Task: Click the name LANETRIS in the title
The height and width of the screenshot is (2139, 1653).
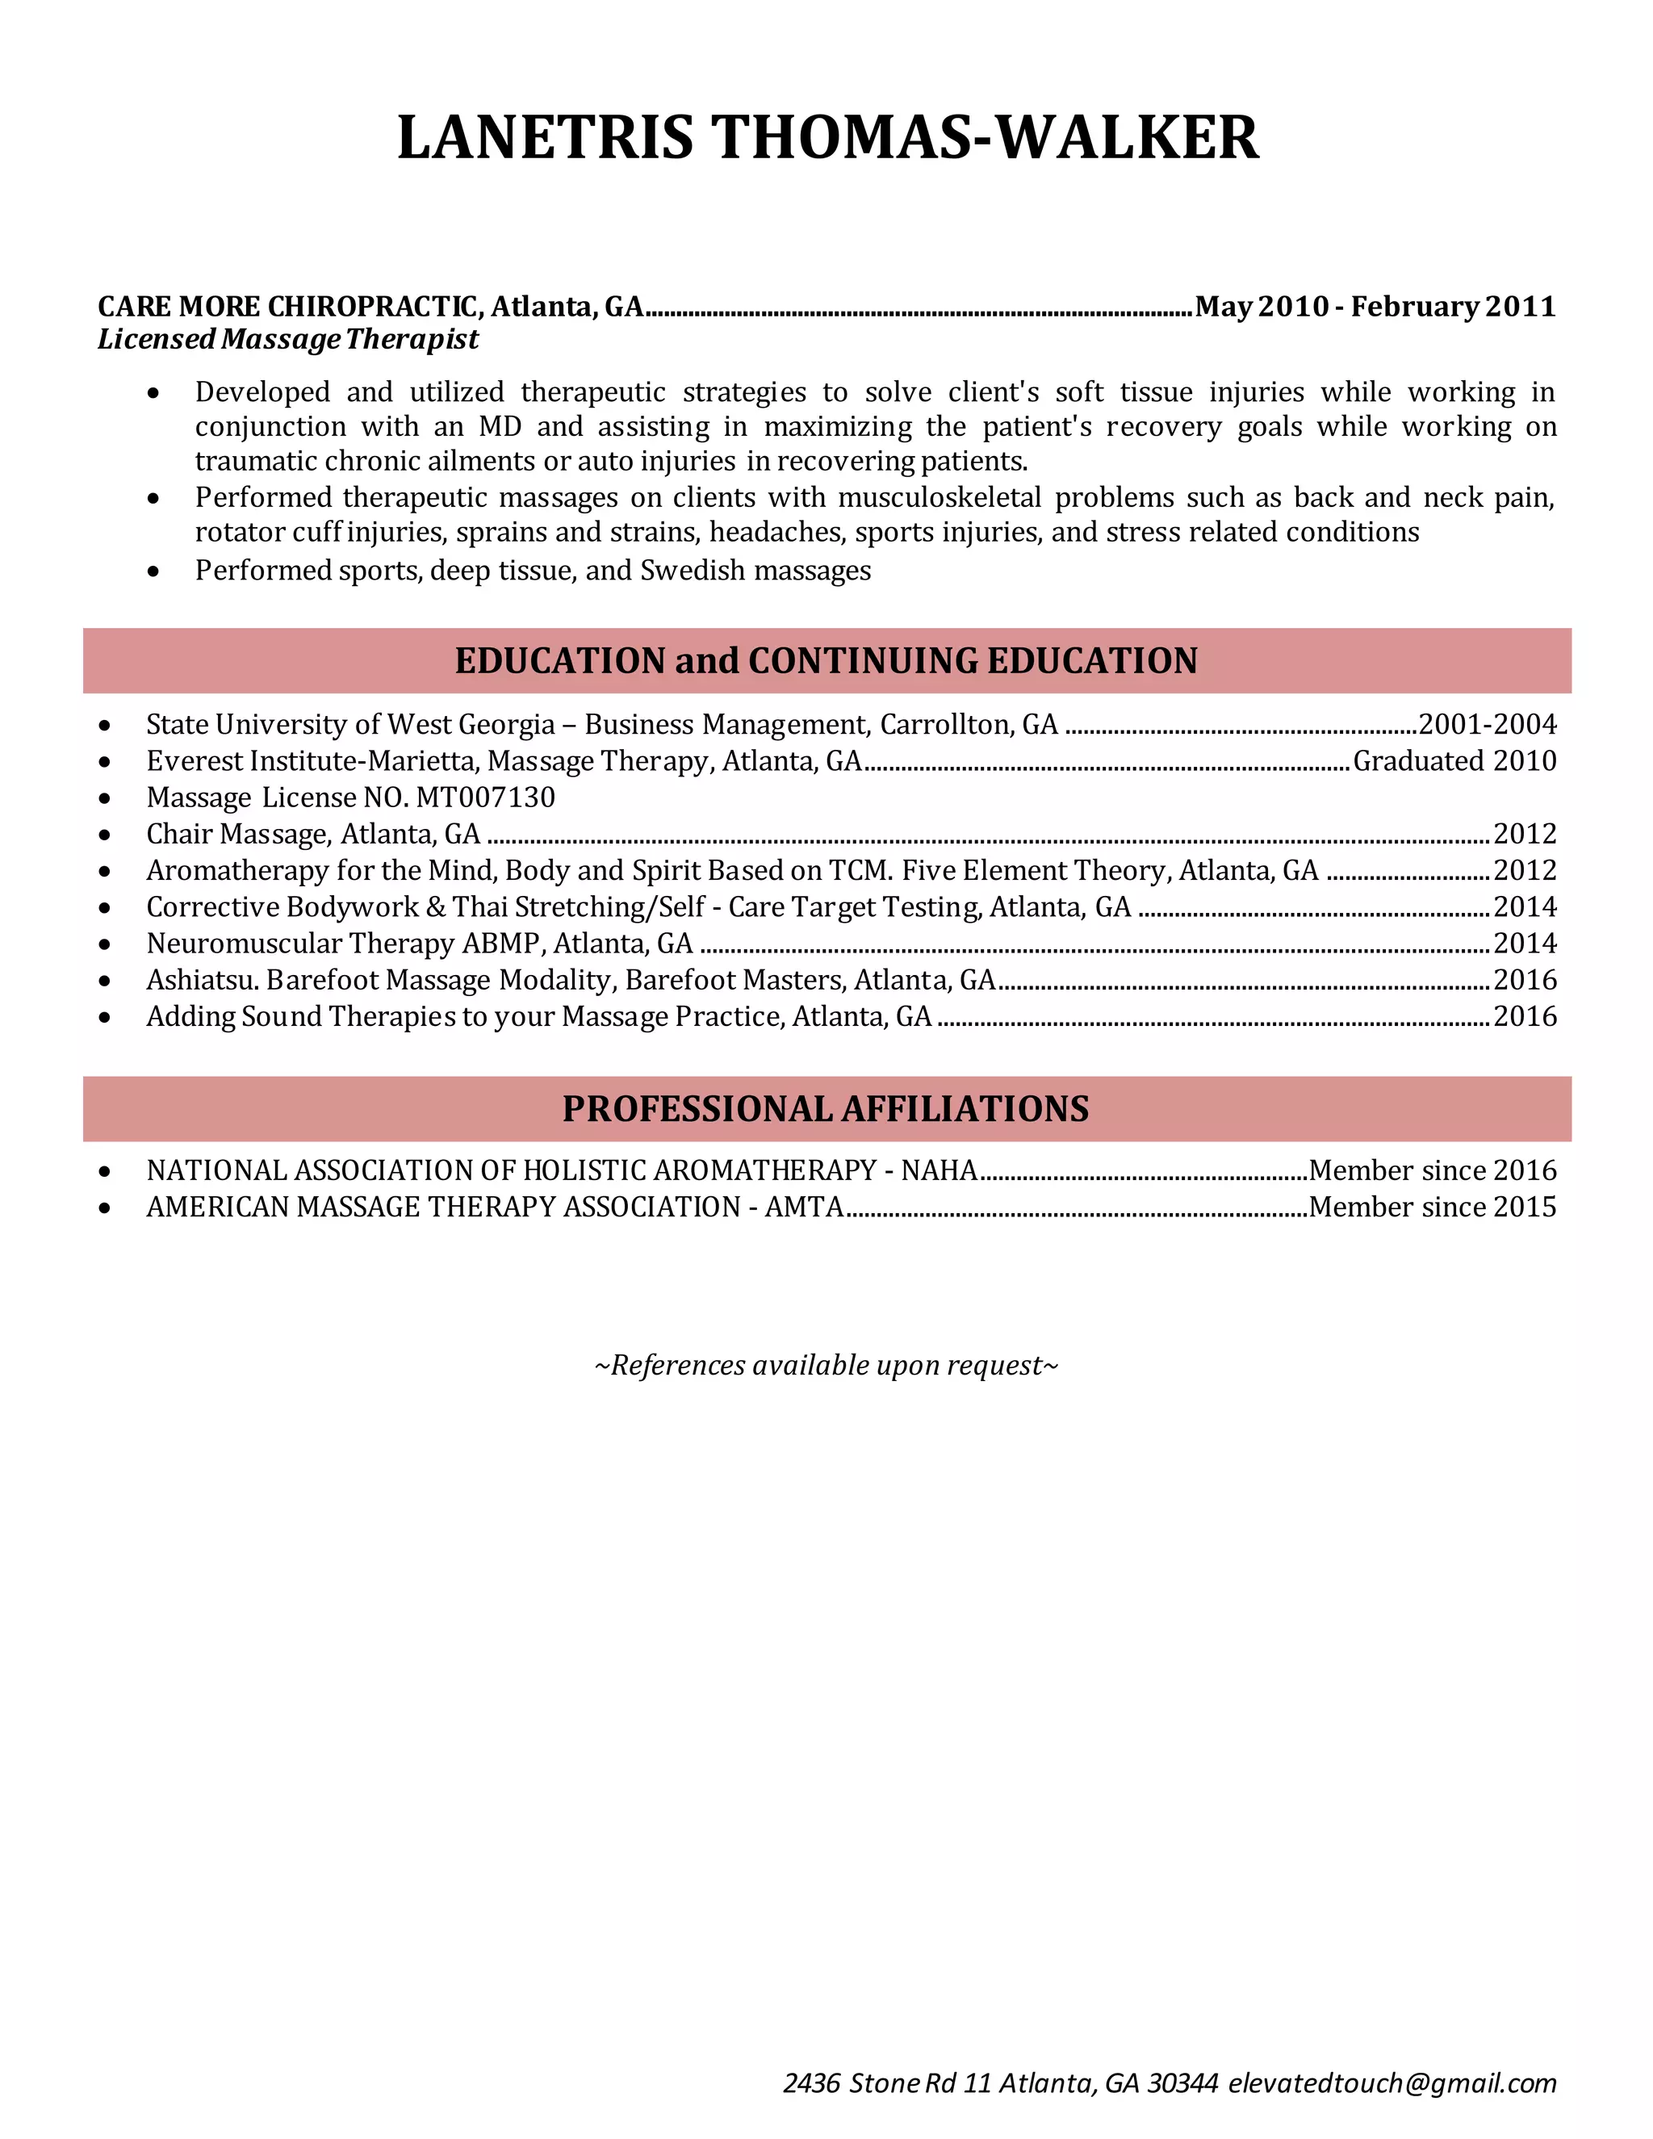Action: tap(545, 138)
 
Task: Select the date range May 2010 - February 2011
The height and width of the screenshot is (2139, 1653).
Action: tap(1375, 308)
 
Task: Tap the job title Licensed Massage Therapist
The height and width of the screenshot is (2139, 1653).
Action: tap(288, 340)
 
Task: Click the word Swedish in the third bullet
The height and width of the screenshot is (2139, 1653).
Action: tap(684, 571)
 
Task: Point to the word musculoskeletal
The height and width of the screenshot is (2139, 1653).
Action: tap(939, 499)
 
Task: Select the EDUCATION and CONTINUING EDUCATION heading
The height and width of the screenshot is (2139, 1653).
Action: tap(826, 661)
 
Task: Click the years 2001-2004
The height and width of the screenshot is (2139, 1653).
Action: tap(1487, 725)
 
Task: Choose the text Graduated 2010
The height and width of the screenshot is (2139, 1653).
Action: tap(1454, 761)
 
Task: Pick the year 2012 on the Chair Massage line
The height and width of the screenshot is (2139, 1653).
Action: tap(1525, 835)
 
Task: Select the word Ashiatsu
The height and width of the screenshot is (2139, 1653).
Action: tap(203, 981)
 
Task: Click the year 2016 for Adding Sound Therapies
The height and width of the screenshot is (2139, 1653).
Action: tap(1525, 1016)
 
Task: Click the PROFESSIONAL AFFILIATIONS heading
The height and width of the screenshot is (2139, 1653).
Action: tap(826, 1110)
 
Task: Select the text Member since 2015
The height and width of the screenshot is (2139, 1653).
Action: tap(1432, 1208)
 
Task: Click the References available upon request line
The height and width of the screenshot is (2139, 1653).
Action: tap(826, 1365)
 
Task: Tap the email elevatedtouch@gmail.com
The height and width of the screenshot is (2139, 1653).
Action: tap(1391, 2083)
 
